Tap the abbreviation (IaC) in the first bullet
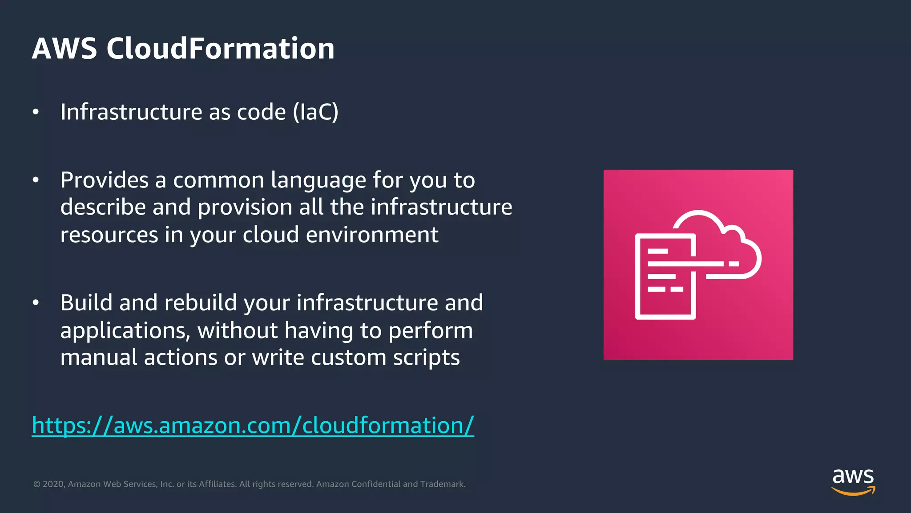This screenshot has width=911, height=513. (315, 112)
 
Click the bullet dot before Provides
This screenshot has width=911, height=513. (36, 180)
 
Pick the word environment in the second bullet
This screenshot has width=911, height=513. (372, 235)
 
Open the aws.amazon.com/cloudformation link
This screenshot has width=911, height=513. (253, 425)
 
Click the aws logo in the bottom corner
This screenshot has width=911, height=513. (853, 477)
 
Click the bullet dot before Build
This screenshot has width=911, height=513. (36, 303)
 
